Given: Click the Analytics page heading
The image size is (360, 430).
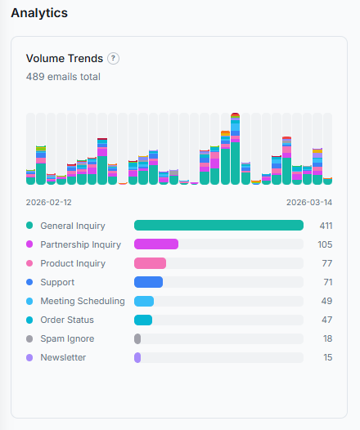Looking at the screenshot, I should coord(39,13).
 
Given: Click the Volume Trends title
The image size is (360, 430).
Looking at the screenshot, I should coord(65,59).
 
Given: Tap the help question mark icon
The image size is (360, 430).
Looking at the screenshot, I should coord(114,59).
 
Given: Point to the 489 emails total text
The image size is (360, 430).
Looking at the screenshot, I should coord(63,77).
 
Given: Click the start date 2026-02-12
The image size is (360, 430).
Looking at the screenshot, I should coord(49,202).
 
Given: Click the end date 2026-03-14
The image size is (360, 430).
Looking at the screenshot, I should coord(309,202).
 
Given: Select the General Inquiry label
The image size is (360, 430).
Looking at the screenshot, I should coord(73,226).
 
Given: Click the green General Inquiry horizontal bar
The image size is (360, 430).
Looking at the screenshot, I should coord(218,226).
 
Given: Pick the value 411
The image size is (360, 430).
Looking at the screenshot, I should coord(326,226).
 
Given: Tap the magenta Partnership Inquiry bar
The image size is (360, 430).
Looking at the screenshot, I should coord(156,244).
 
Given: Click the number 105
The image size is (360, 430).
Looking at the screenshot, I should coord(325,244).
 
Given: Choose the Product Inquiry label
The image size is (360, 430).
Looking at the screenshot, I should coord(73,263).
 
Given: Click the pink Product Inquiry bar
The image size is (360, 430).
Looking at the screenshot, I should coord(150,263).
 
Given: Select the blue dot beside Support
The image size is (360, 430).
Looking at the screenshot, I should coord(29,282).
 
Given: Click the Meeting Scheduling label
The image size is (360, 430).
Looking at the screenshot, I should coord(83,301).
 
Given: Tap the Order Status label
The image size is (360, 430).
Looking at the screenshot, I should coord(67,320).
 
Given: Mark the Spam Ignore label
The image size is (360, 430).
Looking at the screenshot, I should coord(67,338).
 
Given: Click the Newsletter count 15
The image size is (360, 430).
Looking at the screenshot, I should coord(327,357).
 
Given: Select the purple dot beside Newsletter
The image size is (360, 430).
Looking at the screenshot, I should coord(29,357).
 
